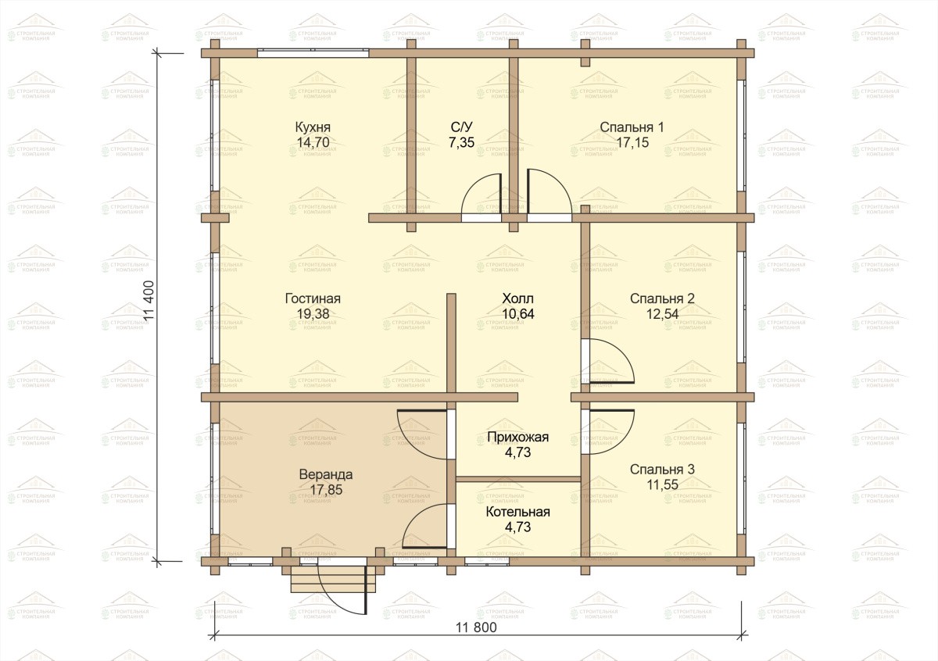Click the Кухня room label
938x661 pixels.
(x=313, y=127)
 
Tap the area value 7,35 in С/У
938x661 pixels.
(x=461, y=142)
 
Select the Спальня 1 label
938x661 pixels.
(x=632, y=127)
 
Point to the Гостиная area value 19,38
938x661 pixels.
(x=313, y=313)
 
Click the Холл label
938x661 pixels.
(x=518, y=298)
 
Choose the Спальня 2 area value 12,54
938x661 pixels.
(x=663, y=313)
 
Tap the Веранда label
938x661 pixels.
(x=326, y=474)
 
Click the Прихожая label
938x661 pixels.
(x=518, y=437)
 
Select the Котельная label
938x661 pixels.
(x=518, y=512)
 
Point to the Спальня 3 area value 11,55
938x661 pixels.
(x=663, y=484)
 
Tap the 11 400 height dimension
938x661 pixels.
(x=149, y=301)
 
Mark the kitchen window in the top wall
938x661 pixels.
(x=313, y=53)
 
